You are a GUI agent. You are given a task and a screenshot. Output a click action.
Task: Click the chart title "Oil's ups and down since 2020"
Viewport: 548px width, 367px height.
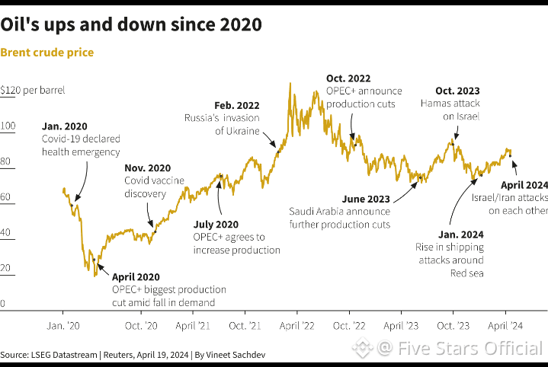pos(131,24)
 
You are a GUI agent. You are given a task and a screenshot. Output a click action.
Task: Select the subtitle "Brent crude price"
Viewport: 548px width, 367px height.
pos(47,53)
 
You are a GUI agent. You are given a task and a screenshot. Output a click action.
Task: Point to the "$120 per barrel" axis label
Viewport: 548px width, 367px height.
pos(33,90)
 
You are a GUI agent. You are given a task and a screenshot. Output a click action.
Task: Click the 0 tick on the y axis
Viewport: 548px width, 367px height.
pos(3,304)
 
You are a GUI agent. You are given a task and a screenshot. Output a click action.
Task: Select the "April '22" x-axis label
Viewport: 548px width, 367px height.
pos(297,325)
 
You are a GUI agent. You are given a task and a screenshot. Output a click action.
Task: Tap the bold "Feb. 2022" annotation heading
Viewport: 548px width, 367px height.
pos(236,105)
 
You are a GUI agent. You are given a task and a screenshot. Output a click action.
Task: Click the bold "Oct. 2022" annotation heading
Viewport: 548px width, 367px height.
pos(348,78)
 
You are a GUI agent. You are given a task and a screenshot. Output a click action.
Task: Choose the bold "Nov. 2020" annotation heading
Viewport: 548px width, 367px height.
pos(148,168)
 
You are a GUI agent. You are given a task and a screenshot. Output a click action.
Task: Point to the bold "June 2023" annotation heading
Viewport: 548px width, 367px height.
pos(367,199)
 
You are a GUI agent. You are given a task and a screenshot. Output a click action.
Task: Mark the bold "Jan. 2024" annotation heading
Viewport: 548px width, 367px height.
pos(460,235)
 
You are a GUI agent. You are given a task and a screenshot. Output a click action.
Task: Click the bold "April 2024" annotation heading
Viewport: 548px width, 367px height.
pos(524,185)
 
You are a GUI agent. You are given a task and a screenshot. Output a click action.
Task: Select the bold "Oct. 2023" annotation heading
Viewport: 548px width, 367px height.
pos(457,91)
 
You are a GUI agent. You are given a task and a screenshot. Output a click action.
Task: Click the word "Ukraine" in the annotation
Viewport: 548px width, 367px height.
pos(242,131)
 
